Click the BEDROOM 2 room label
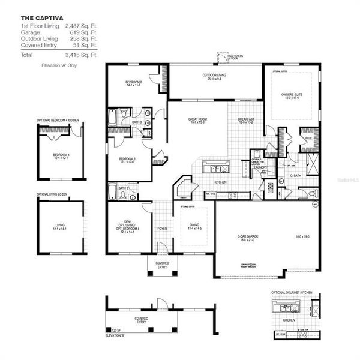pos(133,82)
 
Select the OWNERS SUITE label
pos(293,94)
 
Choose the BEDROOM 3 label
pos(127,159)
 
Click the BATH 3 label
pos(136,122)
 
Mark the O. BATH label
pos(296,175)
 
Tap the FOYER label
pos(162,227)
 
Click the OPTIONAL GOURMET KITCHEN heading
pos(292,292)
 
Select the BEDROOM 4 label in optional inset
pos(61,155)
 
